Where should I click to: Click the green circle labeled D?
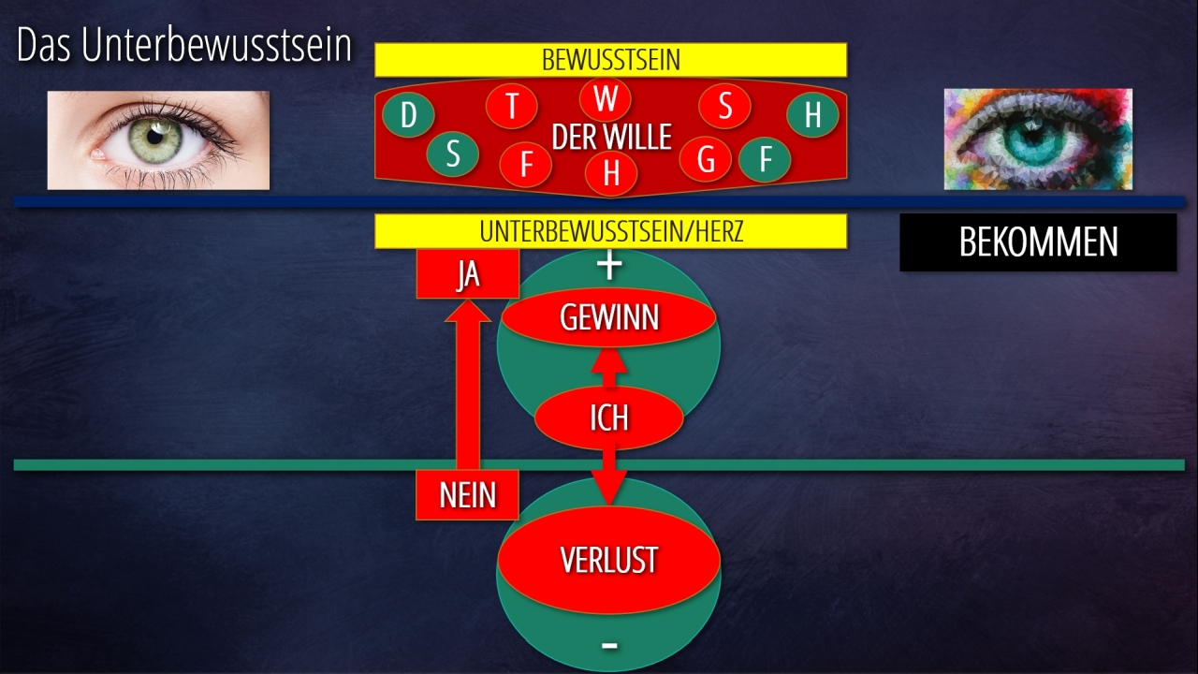click(408, 115)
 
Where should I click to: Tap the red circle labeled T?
click(512, 106)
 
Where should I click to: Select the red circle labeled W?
click(606, 98)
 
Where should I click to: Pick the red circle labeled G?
click(706, 159)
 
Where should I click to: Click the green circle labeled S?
click(453, 154)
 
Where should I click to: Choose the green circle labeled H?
click(812, 115)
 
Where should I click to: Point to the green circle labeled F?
click(765, 159)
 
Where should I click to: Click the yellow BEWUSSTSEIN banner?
click(610, 60)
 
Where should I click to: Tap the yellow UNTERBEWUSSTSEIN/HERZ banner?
click(610, 231)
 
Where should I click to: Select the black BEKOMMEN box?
click(1038, 242)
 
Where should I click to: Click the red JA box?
click(467, 275)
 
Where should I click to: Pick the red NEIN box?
click(467, 494)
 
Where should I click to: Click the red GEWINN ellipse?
click(609, 318)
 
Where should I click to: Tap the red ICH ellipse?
click(608, 418)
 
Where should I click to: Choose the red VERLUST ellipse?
click(608, 560)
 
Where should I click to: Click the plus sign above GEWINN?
click(609, 266)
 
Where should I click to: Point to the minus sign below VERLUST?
click(609, 645)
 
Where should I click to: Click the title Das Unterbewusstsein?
click(184, 47)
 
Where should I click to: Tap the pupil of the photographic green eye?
click(168, 139)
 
